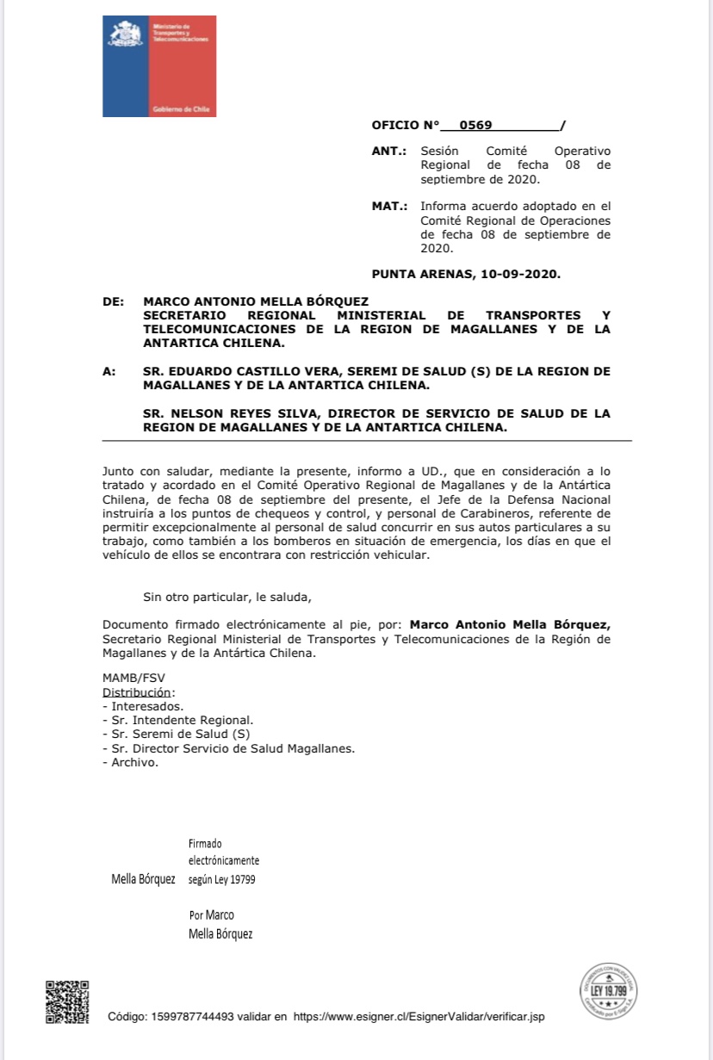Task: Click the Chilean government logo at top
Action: (158, 66)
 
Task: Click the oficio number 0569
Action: (475, 125)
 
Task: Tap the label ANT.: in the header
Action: (389, 151)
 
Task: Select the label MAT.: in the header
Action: (389, 207)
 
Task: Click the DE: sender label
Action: (113, 301)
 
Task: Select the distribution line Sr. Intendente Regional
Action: (178, 720)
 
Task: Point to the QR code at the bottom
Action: (67, 1002)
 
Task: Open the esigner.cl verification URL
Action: (418, 1017)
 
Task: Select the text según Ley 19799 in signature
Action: (221, 879)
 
